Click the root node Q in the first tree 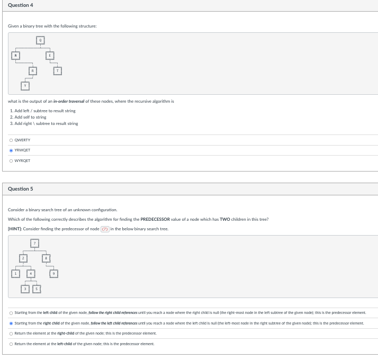[x=40, y=40]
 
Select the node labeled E [x=50, y=55]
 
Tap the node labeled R [x=32, y=70]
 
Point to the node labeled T [x=58, y=70]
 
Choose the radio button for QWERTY [x=11, y=140]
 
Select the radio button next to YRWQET [x=11, y=150]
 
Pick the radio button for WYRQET [x=11, y=160]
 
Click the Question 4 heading [x=21, y=5]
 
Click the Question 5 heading [x=21, y=189]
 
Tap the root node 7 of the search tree [x=34, y=243]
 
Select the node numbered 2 [x=23, y=258]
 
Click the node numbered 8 [x=46, y=258]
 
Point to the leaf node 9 [x=53, y=274]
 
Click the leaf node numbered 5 [x=37, y=289]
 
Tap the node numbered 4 [x=31, y=274]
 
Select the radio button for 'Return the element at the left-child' [x=11, y=344]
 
